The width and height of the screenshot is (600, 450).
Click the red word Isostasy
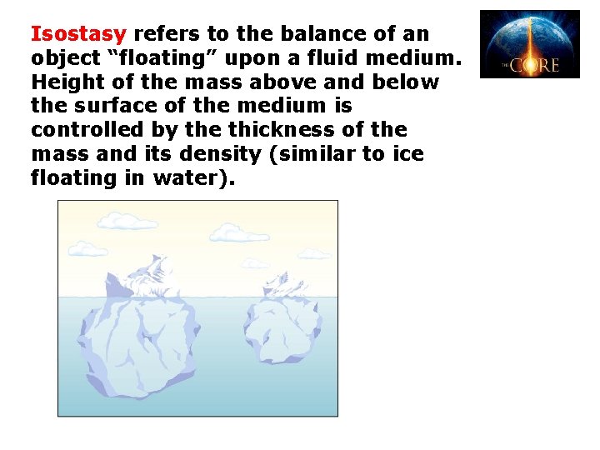pos(78,35)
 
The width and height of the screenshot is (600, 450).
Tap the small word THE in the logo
pos(505,65)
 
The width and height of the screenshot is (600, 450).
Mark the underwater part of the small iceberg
pos(282,329)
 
